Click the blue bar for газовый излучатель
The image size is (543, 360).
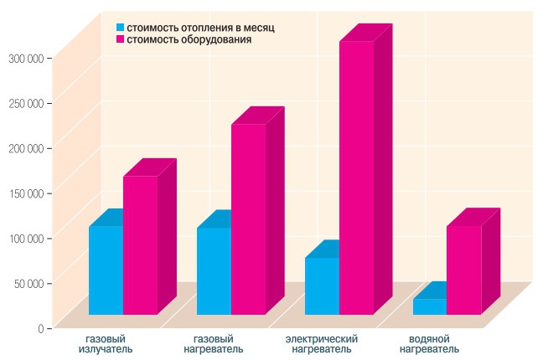tap(106, 270)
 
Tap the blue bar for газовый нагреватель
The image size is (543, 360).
tap(214, 270)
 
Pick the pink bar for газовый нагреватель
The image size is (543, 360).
tap(248, 219)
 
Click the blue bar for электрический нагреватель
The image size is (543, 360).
tap(322, 285)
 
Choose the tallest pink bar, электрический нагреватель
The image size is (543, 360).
tap(356, 177)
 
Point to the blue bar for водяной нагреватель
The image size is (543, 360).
tap(429, 306)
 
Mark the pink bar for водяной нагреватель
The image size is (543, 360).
tap(463, 270)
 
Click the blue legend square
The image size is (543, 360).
tap(120, 28)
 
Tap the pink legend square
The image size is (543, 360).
tap(120, 39)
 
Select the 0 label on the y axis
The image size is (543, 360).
tap(39, 328)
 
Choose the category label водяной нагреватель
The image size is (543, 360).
tap(429, 343)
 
